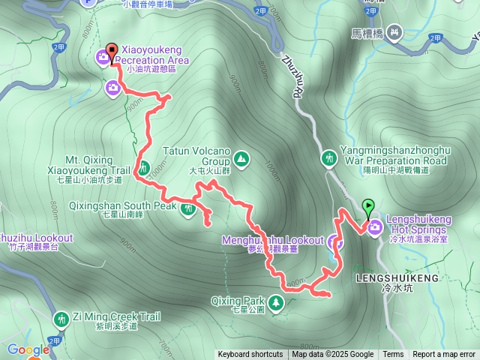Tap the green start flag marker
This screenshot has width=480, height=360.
tap(368, 205)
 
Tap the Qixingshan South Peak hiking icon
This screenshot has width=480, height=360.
tap(188, 211)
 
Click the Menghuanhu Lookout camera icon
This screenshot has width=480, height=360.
tap(335, 241)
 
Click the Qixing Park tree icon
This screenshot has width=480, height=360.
tap(277, 302)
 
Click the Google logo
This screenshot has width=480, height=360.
tap(28, 349)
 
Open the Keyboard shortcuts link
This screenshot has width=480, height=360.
tap(250, 355)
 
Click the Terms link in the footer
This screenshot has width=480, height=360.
tap(393, 355)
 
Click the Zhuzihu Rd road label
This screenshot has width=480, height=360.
tap(292, 75)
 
